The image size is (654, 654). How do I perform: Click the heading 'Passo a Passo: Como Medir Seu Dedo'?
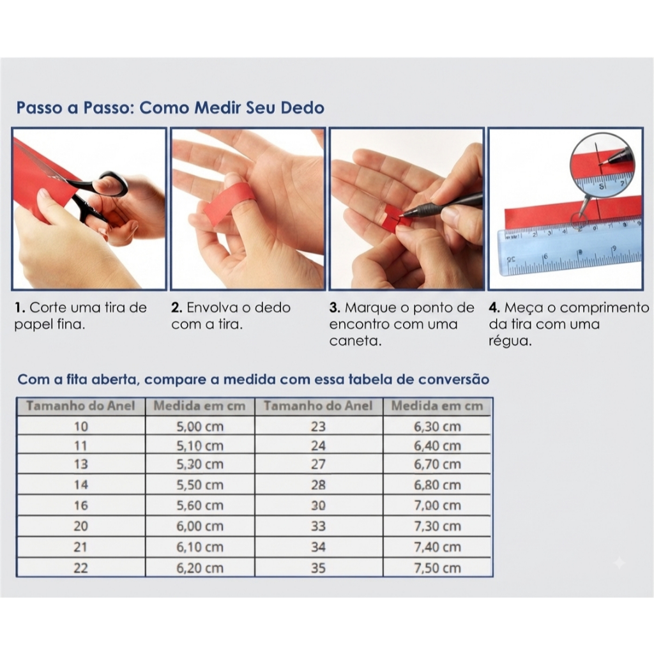[170, 107]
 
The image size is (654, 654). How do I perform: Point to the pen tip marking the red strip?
[400, 216]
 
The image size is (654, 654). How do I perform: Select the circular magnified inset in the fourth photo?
[602, 163]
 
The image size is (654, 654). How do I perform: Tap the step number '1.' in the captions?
[20, 308]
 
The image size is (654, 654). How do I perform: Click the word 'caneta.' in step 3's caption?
[355, 341]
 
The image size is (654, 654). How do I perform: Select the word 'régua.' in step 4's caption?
[510, 341]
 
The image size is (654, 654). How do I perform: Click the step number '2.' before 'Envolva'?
[177, 308]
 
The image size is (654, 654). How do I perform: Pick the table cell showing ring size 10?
[81, 426]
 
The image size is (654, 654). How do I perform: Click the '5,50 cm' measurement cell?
[200, 485]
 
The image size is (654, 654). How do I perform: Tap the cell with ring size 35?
[318, 568]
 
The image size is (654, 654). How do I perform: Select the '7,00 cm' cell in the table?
[437, 505]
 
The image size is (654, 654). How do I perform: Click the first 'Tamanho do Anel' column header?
[81, 406]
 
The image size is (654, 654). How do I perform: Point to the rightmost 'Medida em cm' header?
[437, 406]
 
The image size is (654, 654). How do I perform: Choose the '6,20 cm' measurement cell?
[200, 568]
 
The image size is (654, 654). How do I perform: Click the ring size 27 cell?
[318, 464]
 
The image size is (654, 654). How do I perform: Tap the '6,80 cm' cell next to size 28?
[437, 485]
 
